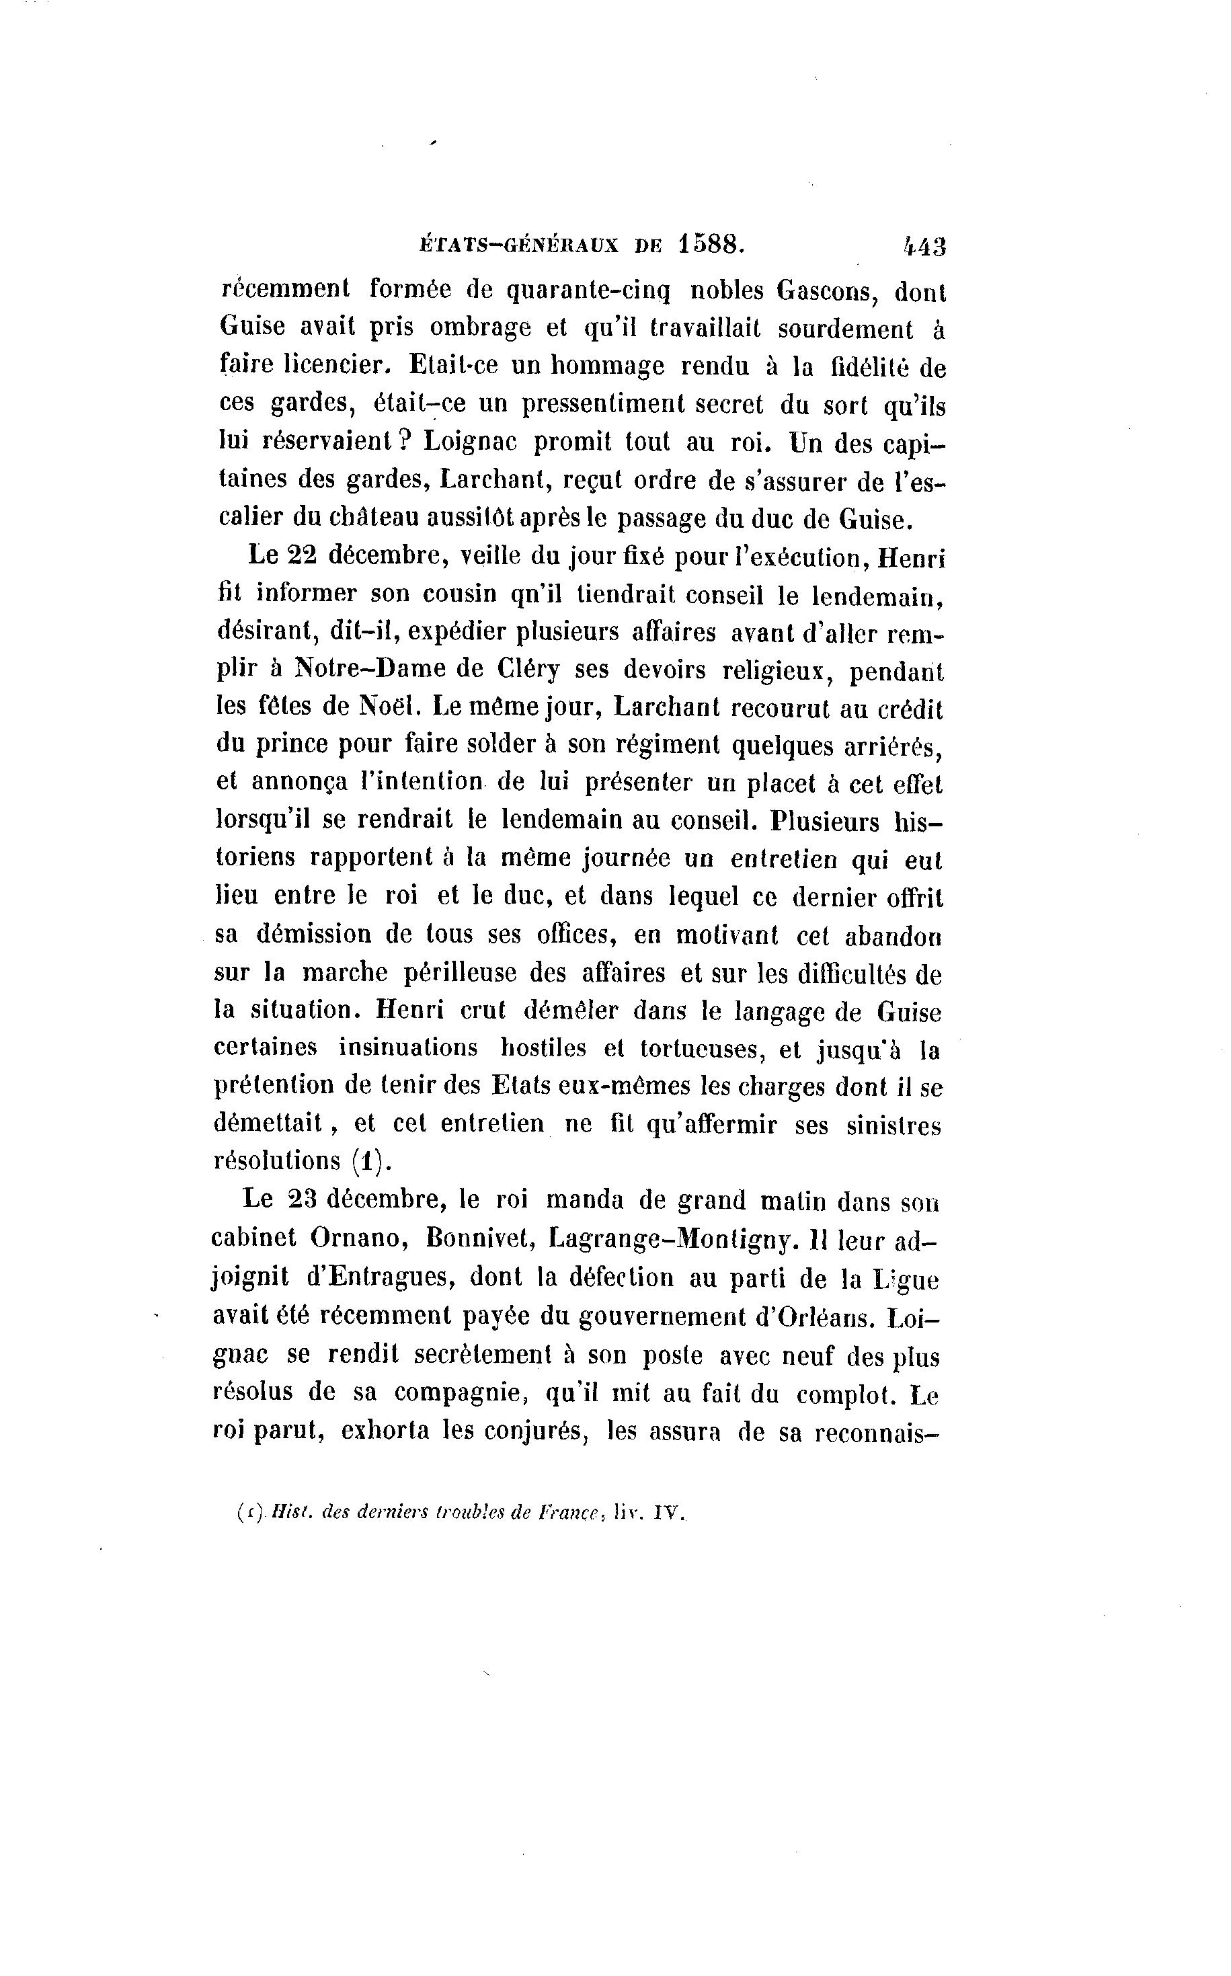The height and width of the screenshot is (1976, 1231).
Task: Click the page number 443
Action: click(924, 246)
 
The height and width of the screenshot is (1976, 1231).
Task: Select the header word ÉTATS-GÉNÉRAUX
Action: click(518, 245)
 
